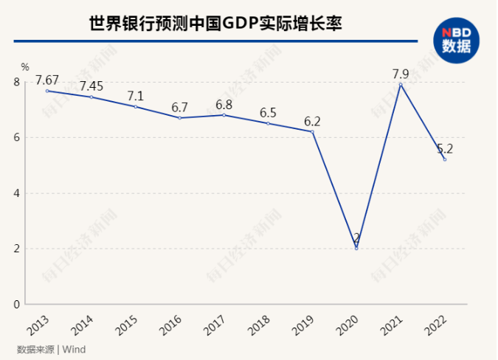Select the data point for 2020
[x=356, y=249]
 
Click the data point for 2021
[x=401, y=84]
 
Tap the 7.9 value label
[x=401, y=73]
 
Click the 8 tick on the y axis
[x=17, y=82]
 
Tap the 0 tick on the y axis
[x=17, y=304]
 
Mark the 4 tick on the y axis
[x=17, y=193]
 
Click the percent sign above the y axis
[x=24, y=68]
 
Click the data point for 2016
[x=180, y=118]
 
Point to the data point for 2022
[x=445, y=159]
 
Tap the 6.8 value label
[x=224, y=104]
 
